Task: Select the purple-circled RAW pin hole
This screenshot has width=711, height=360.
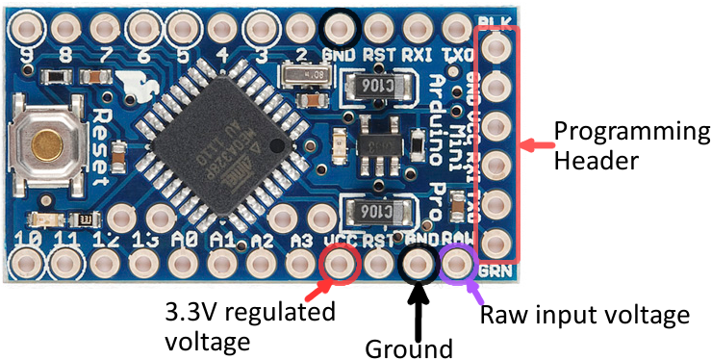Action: (457, 261)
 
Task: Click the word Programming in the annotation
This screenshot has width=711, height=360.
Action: (615, 132)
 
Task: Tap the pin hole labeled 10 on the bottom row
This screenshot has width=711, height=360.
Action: (25, 261)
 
